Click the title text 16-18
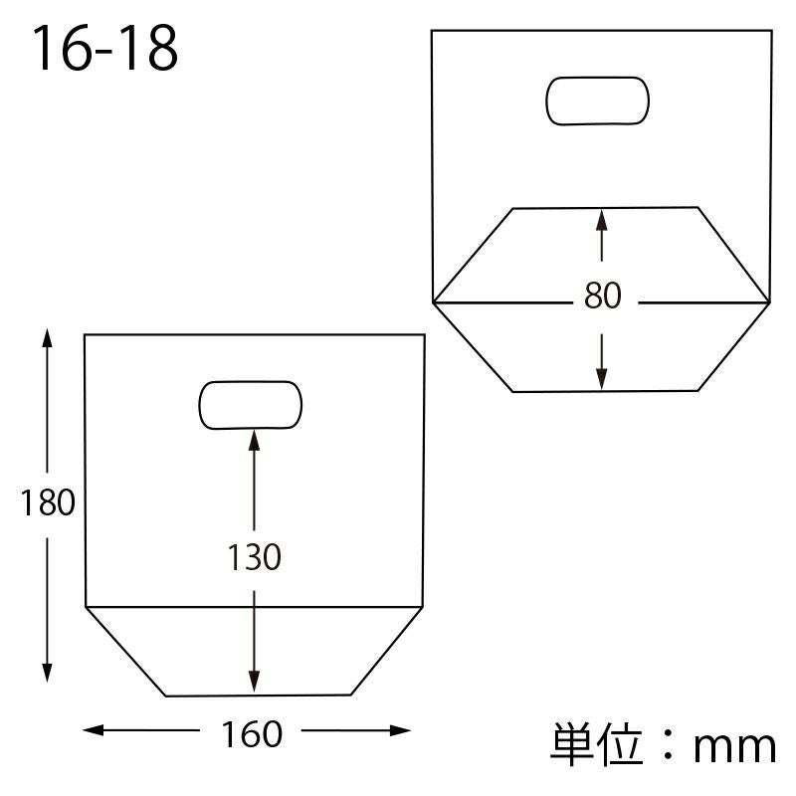[x=105, y=49]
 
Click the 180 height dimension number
[x=48, y=502]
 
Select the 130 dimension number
[x=254, y=557]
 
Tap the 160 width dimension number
[x=252, y=734]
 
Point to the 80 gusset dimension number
[x=602, y=295]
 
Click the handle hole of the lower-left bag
[x=251, y=405]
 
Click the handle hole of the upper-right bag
[x=598, y=100]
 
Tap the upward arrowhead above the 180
[x=47, y=337]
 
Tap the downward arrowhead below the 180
[x=47, y=673]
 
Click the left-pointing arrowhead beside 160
[x=93, y=730]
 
